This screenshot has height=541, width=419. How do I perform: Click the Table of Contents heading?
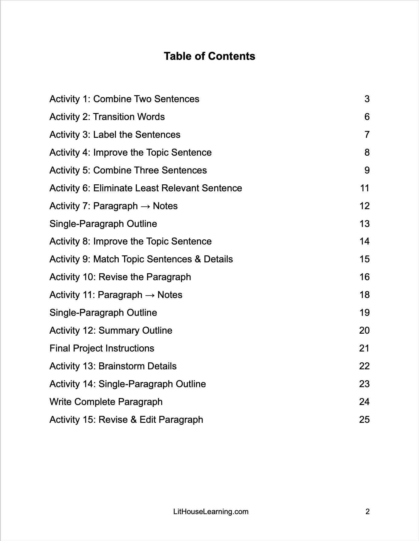(209, 56)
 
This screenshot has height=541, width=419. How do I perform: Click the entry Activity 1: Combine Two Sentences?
(124, 99)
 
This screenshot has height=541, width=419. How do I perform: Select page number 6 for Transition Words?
(367, 117)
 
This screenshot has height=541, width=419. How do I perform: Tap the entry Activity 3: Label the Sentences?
(115, 135)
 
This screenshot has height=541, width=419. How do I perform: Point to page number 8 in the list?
(367, 153)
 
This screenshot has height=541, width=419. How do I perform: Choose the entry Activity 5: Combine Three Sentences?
(128, 170)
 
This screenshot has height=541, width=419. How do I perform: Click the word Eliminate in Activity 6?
(113, 188)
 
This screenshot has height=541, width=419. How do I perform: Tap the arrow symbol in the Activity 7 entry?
(145, 206)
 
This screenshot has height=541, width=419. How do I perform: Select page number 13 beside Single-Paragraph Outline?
(365, 224)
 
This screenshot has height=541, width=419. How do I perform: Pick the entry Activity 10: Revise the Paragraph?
(120, 277)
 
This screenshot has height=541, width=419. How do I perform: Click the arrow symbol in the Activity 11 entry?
(150, 295)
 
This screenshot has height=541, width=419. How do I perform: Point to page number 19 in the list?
(365, 313)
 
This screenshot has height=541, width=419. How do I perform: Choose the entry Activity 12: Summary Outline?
(111, 331)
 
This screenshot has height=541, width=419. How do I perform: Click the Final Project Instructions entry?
(102, 348)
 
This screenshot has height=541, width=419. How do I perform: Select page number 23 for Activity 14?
(365, 384)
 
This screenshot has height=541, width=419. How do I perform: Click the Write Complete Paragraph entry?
(106, 402)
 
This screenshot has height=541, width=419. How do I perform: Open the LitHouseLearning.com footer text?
(211, 512)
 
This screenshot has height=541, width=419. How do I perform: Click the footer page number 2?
(368, 512)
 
